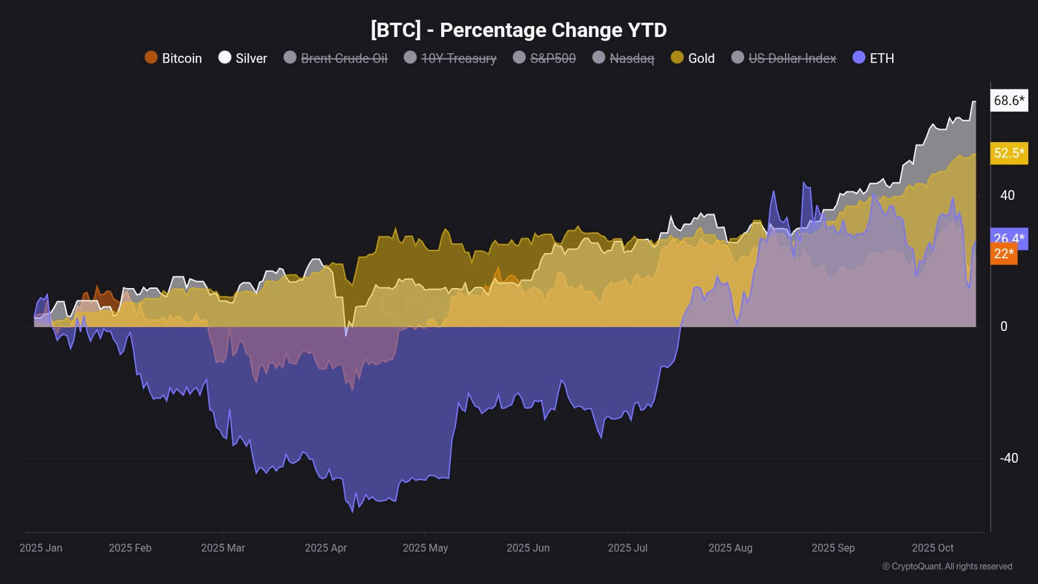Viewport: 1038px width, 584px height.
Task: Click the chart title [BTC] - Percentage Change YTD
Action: [518, 30]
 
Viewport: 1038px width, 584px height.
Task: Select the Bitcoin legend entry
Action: [173, 58]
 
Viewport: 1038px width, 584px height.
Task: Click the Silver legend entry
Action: [243, 58]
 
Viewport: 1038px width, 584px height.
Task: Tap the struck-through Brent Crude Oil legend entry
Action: [335, 58]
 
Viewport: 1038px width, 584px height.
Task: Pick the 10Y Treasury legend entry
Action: [450, 58]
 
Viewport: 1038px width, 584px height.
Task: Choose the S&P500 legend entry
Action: [544, 58]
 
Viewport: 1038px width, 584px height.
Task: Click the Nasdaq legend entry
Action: [623, 58]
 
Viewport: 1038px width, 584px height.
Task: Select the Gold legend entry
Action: [693, 58]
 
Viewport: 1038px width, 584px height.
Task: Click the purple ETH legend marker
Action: [859, 57]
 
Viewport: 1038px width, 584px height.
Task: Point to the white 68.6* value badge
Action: [1009, 101]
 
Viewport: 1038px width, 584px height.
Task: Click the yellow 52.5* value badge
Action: [1009, 153]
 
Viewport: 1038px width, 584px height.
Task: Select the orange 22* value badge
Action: [1004, 254]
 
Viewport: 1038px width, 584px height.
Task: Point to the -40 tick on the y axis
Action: [1009, 458]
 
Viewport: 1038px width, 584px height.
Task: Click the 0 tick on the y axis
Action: [1004, 326]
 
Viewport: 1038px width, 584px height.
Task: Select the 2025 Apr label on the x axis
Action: [326, 548]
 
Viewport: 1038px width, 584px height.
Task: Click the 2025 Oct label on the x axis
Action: [932, 548]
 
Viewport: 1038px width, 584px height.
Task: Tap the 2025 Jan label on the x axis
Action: [41, 548]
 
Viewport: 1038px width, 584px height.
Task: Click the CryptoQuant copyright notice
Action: [947, 566]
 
